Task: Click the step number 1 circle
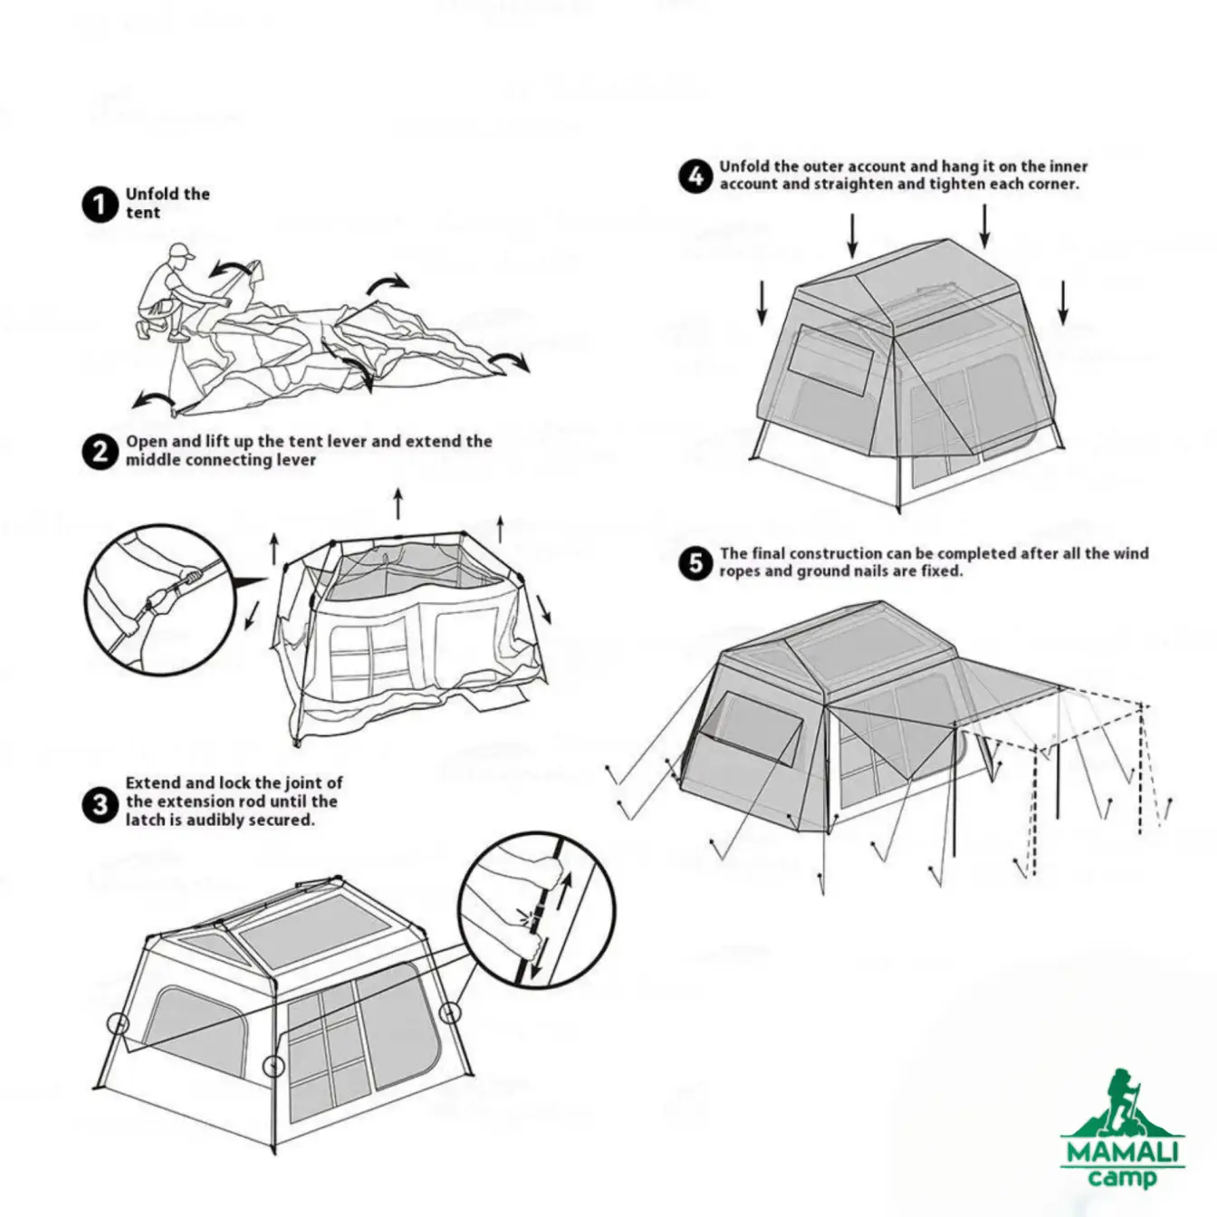click(x=100, y=205)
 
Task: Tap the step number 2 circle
click(x=100, y=452)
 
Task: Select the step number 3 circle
click(x=100, y=805)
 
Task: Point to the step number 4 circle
click(x=696, y=177)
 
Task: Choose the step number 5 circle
click(x=696, y=562)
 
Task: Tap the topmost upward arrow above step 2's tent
click(x=398, y=503)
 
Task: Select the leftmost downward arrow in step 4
click(x=762, y=302)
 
